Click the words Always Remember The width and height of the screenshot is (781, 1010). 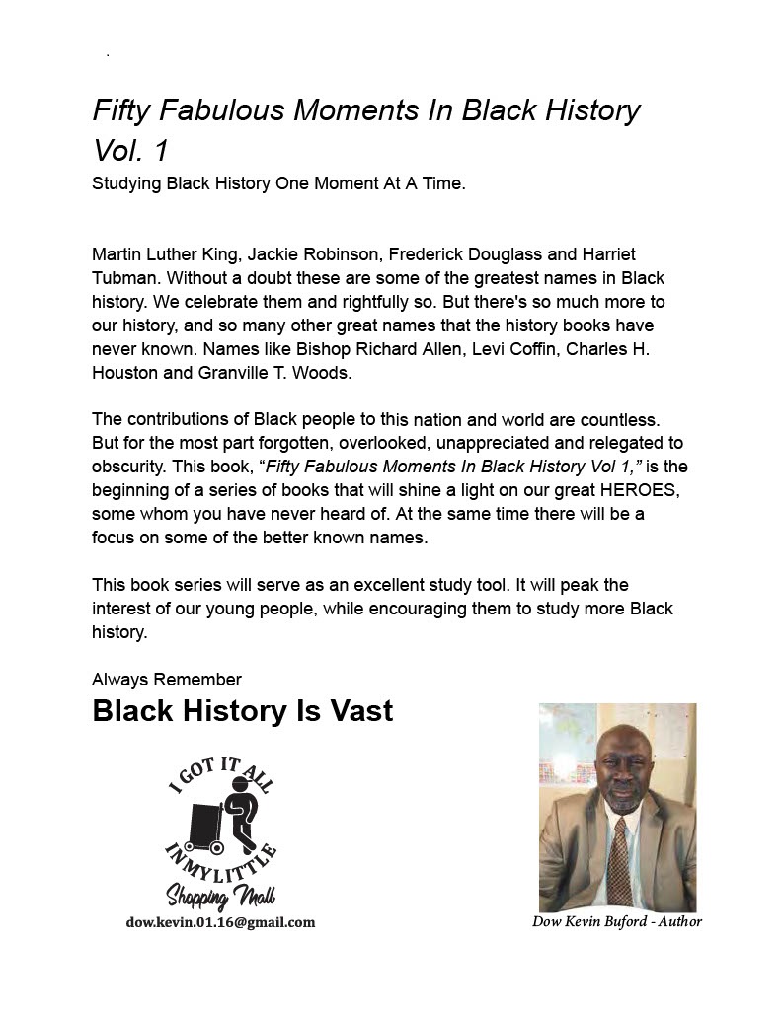167,679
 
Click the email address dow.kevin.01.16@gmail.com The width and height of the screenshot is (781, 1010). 220,922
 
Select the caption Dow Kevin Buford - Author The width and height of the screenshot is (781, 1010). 617,921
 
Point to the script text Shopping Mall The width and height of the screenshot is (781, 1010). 219,896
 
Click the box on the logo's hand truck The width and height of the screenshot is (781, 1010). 203,822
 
